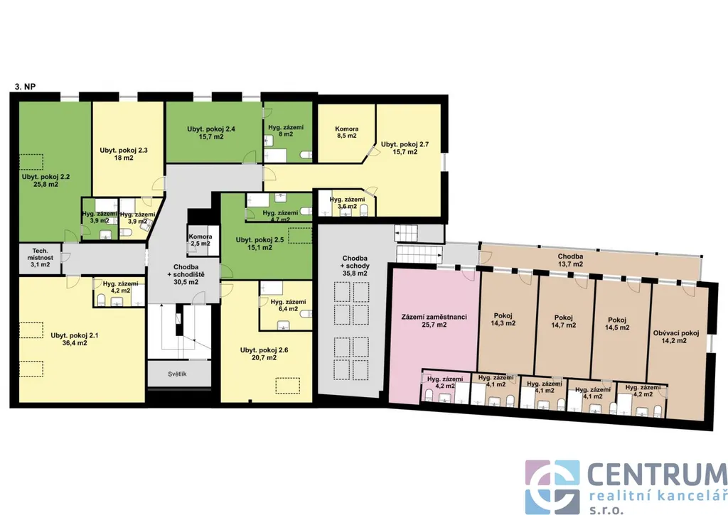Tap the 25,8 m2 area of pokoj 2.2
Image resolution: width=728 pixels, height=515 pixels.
[46, 184]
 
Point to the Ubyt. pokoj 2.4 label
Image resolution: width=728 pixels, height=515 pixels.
[211, 133]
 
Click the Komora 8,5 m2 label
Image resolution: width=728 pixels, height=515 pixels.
[347, 132]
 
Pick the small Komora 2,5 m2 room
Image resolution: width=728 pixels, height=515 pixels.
[200, 240]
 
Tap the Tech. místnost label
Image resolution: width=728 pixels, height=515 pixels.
[41, 257]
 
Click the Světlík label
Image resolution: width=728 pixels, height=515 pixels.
[177, 374]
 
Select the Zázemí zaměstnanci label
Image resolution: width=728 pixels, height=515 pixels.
[434, 320]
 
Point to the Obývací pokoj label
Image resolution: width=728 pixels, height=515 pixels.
[676, 337]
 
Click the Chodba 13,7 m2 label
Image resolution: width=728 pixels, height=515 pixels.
[571, 260]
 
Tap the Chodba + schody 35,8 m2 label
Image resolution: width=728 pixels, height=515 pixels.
[355, 266]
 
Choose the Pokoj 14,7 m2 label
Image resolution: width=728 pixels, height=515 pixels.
[564, 321]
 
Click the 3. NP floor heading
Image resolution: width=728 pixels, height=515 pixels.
[26, 86]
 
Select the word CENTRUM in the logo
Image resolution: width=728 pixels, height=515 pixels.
[658, 475]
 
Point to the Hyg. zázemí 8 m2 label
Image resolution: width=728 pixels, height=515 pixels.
[286, 131]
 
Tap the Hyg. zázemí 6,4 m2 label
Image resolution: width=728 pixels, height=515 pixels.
[289, 305]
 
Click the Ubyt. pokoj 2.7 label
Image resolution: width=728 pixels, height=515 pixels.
[405, 148]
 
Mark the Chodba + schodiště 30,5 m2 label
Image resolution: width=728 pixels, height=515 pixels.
[186, 274]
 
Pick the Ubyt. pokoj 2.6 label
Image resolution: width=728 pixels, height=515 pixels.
[264, 354]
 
